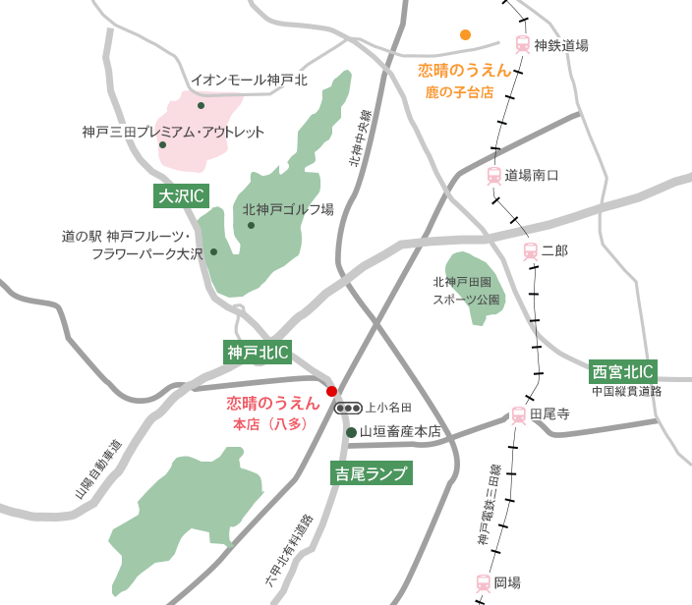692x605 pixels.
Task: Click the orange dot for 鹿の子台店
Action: click(465, 34)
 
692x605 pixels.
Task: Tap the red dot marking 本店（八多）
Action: click(331, 390)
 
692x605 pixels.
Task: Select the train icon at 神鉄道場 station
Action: click(522, 44)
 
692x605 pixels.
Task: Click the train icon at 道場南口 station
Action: click(493, 176)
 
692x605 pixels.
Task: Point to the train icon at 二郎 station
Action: click(531, 251)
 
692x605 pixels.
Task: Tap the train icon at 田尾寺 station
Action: click(518, 415)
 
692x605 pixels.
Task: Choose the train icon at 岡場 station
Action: click(483, 582)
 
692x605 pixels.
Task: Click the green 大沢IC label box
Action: click(180, 196)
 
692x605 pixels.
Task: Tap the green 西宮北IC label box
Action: click(623, 371)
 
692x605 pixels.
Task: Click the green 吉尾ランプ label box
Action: click(369, 474)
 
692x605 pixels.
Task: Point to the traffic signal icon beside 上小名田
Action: click(348, 408)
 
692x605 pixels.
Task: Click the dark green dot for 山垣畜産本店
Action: click(350, 431)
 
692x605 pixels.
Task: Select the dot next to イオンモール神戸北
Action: click(201, 105)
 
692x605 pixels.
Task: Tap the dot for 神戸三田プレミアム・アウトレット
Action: click(163, 144)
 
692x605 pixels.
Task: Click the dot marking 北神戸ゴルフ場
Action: click(252, 225)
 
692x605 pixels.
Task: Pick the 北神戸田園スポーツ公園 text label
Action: click(467, 290)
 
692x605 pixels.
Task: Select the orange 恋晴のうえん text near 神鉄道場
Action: click(464, 71)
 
